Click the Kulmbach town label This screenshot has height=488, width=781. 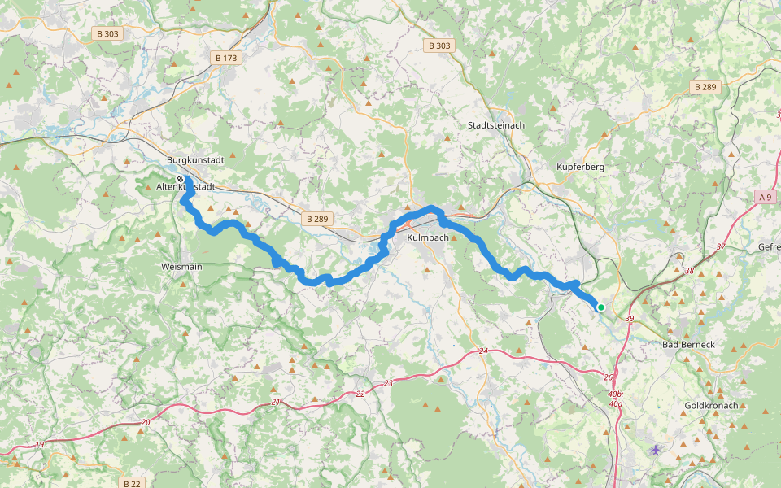coord(427,237)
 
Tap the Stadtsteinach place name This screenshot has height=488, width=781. coord(496,125)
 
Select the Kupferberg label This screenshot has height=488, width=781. coord(580,167)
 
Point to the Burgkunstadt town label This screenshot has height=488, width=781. coord(194,160)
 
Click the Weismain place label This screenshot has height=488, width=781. coord(181,266)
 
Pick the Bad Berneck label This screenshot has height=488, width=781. coord(688,345)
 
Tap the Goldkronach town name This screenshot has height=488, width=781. coord(711,404)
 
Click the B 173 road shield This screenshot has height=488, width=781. coord(225,59)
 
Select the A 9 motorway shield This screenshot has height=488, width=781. coord(765,197)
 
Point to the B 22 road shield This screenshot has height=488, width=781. coord(132,483)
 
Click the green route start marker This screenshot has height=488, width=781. coord(600,307)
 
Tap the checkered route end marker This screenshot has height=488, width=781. coord(180,179)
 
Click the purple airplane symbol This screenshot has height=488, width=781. coord(657,449)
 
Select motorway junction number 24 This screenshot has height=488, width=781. coord(482,351)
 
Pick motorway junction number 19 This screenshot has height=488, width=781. coord(40,445)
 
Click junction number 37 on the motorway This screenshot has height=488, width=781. coord(720,246)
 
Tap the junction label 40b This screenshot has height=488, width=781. coord(614,394)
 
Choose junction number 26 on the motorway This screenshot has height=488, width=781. coord(608,377)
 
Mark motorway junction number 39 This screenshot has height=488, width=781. coord(629,319)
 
